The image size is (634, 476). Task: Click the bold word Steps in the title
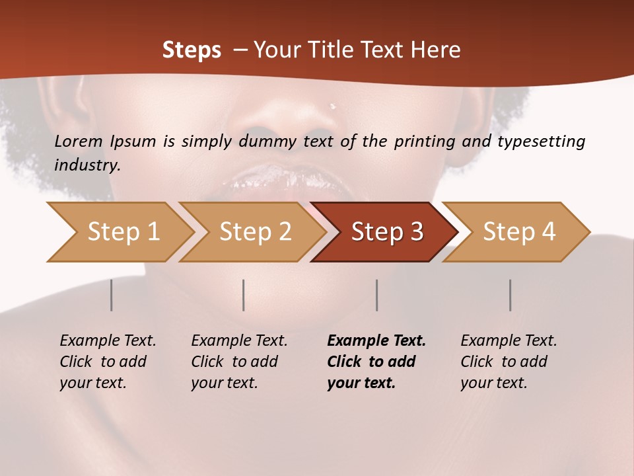(192, 50)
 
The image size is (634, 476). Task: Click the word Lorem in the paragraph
(79, 141)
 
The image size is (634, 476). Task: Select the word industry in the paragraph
(87, 165)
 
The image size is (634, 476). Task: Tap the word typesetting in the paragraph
(541, 141)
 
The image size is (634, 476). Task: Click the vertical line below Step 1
(112, 295)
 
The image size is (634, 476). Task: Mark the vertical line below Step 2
(244, 295)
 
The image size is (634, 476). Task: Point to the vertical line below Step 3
(376, 295)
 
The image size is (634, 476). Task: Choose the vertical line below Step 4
(510, 295)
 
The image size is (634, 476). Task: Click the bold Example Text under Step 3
(376, 341)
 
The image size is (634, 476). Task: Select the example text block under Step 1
(108, 362)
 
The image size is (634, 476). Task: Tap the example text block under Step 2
(239, 362)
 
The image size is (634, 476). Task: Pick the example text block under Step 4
(509, 362)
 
